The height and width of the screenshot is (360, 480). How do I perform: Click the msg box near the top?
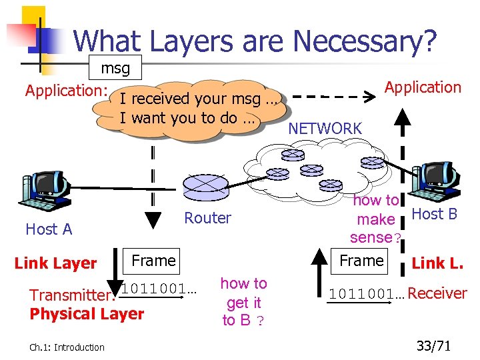[x=115, y=69]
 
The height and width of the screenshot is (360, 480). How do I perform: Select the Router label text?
[x=207, y=218]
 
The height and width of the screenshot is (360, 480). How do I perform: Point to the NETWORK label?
[x=325, y=129]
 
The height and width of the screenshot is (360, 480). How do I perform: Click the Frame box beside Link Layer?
[x=154, y=261]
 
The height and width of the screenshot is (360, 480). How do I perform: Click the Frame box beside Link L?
[x=361, y=261]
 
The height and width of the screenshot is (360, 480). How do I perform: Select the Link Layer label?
[x=55, y=263]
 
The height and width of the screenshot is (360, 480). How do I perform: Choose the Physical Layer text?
[x=87, y=313]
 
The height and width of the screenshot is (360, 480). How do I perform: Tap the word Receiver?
[x=437, y=293]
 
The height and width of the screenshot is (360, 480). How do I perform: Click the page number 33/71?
[x=434, y=345]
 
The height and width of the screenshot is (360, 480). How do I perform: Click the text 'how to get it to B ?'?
[x=243, y=302]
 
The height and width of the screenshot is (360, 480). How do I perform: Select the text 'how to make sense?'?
[x=376, y=219]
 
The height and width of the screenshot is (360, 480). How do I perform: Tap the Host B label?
[x=434, y=214]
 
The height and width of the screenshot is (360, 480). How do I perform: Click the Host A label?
[x=48, y=229]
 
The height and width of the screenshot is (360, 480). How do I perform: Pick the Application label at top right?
[x=423, y=87]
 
